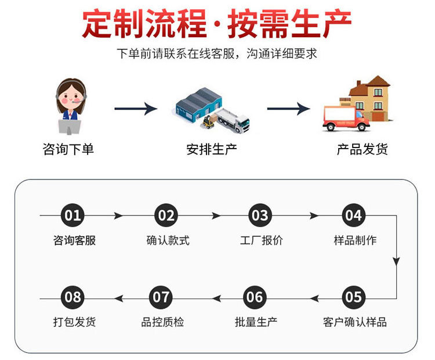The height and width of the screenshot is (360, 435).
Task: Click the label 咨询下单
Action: coord(68,149)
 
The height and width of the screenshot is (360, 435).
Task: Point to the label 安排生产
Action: coord(212,149)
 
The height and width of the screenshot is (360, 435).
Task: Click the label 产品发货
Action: coord(362,149)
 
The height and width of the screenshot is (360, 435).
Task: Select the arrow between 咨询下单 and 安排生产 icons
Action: coord(136,109)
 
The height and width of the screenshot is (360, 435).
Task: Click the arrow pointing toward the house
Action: coord(288,109)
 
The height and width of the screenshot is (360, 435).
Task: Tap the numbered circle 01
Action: coord(73,216)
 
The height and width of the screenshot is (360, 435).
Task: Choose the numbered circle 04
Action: coord(353,216)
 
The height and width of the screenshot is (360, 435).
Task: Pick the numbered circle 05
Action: coord(353,298)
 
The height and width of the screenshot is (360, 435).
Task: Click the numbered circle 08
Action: coord(73,298)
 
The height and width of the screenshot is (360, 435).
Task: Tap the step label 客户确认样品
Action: coord(354,322)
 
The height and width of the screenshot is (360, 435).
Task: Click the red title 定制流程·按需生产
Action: coord(217,24)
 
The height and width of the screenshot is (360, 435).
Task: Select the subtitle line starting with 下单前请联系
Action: coord(217,54)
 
